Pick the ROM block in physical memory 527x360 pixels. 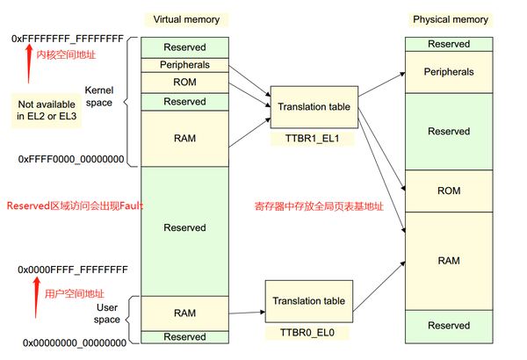(x=449, y=191)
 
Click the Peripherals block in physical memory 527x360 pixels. (x=449, y=72)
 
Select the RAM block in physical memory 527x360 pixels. (x=449, y=261)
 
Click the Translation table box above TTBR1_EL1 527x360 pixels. (x=314, y=107)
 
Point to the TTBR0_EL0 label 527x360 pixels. (x=307, y=334)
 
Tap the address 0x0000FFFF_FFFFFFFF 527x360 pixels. (x=70, y=269)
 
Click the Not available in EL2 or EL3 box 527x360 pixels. (x=46, y=110)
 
